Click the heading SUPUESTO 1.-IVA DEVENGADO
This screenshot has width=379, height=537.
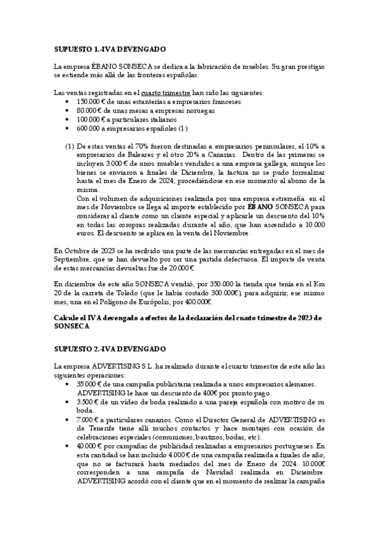click(110, 48)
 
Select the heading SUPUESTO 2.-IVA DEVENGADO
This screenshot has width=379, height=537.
click(110, 349)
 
